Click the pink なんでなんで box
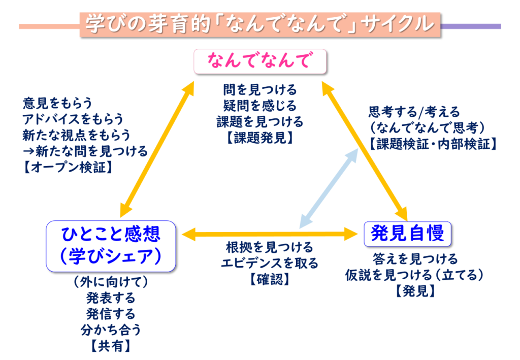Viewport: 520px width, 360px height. [x=259, y=61]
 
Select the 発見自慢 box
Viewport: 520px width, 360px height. [x=408, y=233]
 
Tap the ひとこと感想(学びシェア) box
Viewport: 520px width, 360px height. [x=111, y=245]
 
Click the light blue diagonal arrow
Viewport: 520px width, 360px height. [x=328, y=188]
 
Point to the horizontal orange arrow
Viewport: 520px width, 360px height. [x=270, y=234]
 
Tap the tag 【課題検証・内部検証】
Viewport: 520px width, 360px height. [x=433, y=144]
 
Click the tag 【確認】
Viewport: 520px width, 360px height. [x=270, y=279]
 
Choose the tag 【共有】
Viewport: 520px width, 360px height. [x=111, y=346]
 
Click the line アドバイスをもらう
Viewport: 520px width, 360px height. [x=73, y=119]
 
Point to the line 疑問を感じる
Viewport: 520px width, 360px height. [x=259, y=106]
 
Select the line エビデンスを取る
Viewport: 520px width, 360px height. [x=270, y=263]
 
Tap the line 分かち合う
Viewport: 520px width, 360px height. [x=111, y=330]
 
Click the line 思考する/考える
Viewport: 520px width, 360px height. [x=414, y=112]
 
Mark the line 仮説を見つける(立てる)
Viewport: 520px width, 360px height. [x=414, y=275]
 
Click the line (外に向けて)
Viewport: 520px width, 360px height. [x=111, y=281]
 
